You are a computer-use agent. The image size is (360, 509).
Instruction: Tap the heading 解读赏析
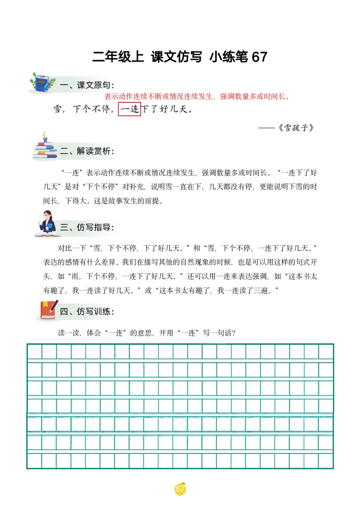tap(94, 151)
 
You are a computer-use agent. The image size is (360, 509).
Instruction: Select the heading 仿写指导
tap(94, 227)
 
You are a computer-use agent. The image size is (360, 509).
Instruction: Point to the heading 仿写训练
tap(94, 311)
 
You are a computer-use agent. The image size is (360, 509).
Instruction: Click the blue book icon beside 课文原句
tap(41, 84)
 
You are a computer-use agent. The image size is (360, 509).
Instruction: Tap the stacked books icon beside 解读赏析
tap(45, 149)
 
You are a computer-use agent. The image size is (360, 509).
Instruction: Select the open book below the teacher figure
tap(46, 234)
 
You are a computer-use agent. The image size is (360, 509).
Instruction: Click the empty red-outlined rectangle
tap(129, 110)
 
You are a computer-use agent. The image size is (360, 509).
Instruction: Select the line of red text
tap(195, 96)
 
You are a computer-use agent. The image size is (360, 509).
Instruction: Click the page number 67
tap(180, 489)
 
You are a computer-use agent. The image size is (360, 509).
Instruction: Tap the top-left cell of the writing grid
tap(34, 351)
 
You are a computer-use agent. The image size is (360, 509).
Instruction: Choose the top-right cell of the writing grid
tap(326, 351)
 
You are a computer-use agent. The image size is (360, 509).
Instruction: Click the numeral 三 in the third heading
tap(64, 228)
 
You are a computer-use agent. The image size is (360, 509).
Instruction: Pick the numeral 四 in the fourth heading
tap(64, 312)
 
